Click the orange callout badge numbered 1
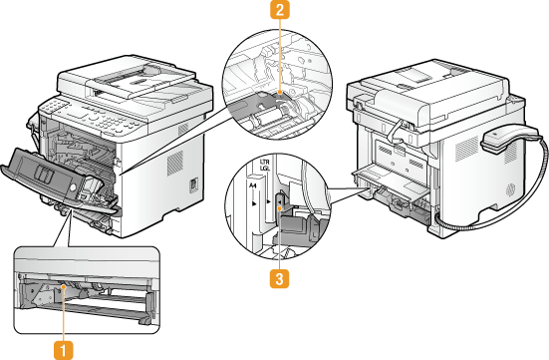coord(64,350)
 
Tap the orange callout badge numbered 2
coord(280,10)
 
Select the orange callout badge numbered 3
coord(279,279)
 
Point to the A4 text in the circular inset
coord(253,186)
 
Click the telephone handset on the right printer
coord(508,139)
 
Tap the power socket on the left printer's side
coord(193,185)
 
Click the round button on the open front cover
coord(73,187)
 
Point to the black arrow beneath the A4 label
coord(254,203)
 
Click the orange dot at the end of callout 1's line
coord(64,287)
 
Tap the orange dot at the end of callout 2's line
coord(280,92)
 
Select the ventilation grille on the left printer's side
coord(174,164)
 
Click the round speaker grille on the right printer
coord(510,190)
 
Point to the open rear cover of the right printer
coord(393,184)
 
